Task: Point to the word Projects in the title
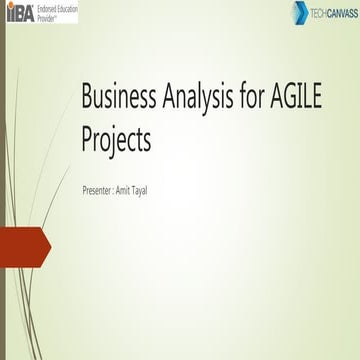tap(116, 141)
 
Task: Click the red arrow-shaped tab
tap(22, 246)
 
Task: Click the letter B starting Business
tap(88, 98)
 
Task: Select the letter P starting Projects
tap(87, 140)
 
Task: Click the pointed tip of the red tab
tap(49, 246)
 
